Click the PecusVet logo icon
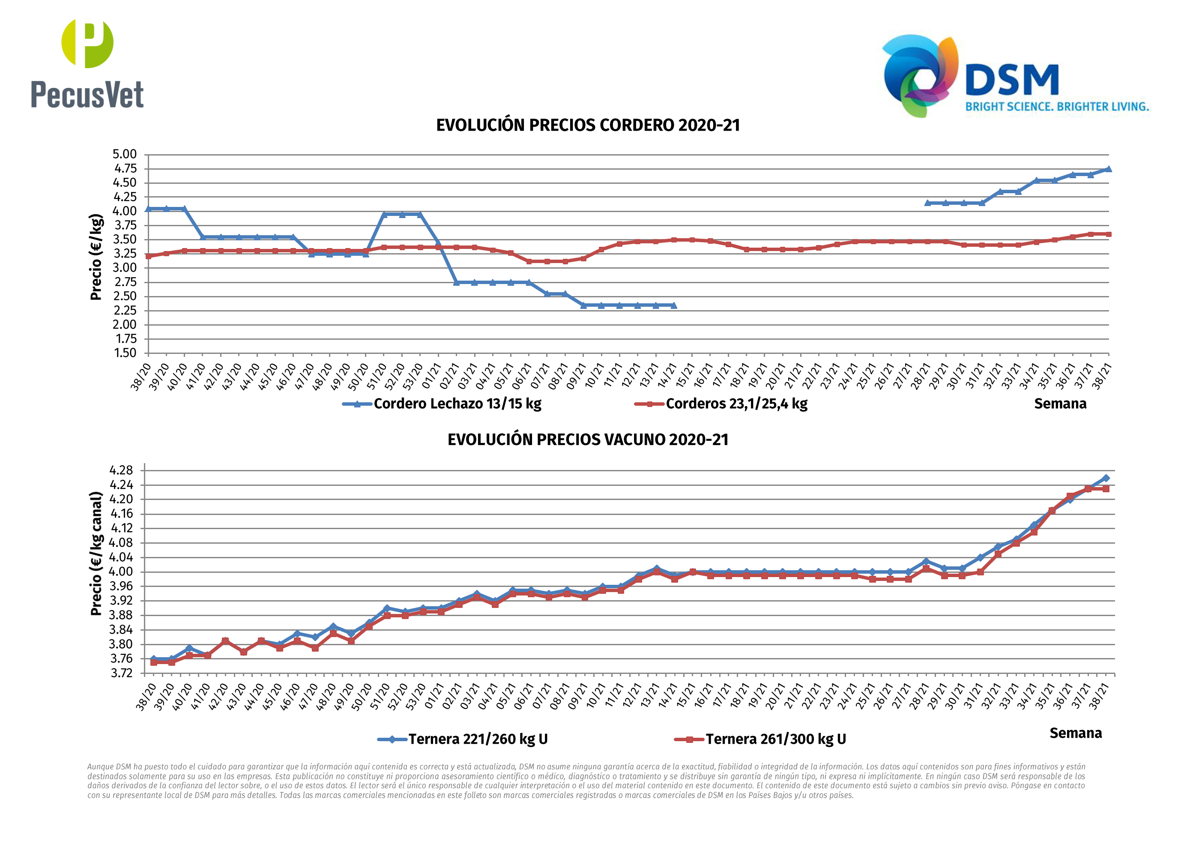87,43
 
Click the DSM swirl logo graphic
920,75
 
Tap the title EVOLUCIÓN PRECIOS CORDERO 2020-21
587,126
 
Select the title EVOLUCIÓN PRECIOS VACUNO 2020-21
587,440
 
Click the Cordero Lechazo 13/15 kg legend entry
443,404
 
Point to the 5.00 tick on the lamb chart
125,155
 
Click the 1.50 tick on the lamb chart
125,353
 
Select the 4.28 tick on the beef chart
121,470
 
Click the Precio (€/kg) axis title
96,257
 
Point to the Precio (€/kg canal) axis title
96,554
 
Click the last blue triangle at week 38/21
1108,169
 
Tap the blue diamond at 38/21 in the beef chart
1106,478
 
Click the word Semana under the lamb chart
1060,404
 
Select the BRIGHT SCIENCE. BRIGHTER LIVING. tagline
1057,107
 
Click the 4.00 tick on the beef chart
121,572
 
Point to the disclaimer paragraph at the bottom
586,781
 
